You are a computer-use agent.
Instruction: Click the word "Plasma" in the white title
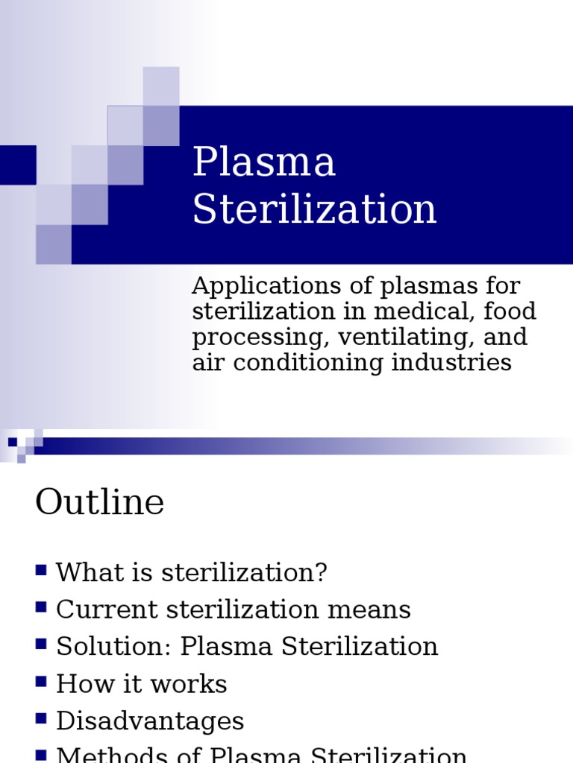(264, 162)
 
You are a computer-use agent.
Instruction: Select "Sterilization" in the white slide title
(314, 209)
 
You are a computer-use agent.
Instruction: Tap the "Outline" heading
(99, 502)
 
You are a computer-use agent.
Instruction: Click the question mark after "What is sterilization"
(321, 573)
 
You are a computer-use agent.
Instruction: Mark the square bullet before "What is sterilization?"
(41, 571)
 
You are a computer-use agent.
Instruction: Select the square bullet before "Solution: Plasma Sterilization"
(41, 644)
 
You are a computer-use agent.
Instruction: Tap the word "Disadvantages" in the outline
(150, 721)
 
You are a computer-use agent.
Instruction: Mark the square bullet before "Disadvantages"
(41, 718)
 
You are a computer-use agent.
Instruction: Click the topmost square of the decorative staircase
(161, 85)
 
